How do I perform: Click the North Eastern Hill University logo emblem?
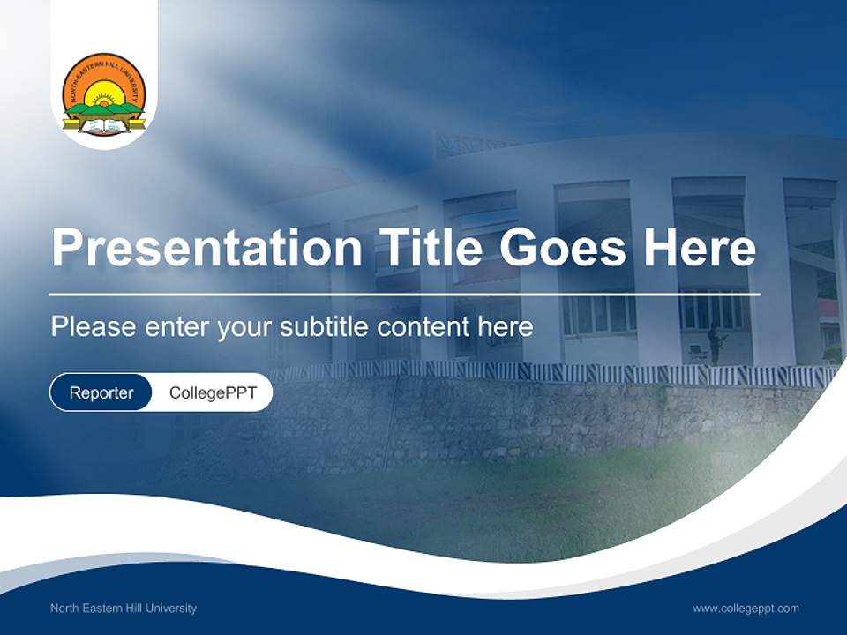click(104, 93)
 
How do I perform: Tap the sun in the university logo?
click(104, 92)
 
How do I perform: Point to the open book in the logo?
click(104, 126)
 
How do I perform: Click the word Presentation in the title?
click(206, 248)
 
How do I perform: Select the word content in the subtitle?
click(424, 327)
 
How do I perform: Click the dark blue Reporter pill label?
click(101, 392)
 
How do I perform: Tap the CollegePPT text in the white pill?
click(213, 392)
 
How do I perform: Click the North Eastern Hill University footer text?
click(124, 608)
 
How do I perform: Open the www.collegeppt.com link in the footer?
click(746, 608)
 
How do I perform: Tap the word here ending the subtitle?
click(506, 327)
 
